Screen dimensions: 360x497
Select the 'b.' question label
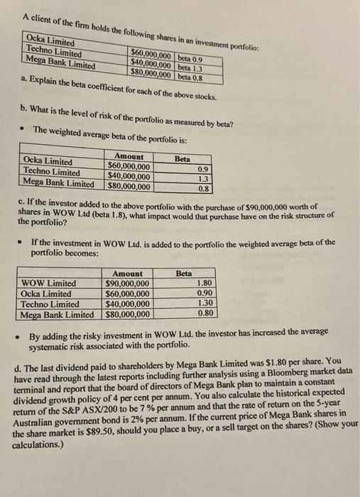click(24, 116)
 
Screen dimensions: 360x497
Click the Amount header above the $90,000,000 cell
click(127, 273)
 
